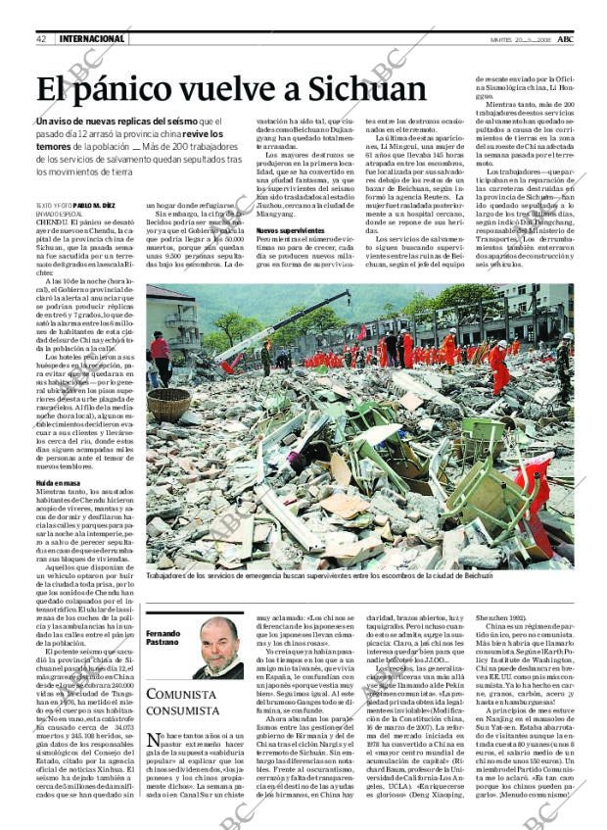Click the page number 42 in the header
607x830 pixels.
point(41,38)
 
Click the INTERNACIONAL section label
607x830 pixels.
point(92,38)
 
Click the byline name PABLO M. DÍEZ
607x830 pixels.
point(99,206)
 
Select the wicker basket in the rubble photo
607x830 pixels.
point(168,402)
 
